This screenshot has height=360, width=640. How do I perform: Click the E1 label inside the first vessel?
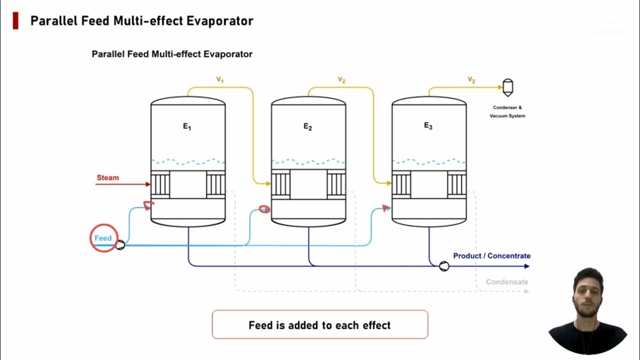(x=187, y=126)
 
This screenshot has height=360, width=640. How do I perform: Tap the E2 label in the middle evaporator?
(x=308, y=126)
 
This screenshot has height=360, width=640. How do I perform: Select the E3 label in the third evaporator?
(x=428, y=126)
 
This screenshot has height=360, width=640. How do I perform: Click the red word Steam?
(x=107, y=177)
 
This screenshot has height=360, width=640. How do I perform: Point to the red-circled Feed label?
(x=103, y=238)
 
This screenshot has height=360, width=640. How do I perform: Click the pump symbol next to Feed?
(x=120, y=244)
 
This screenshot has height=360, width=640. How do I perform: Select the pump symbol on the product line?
(x=444, y=266)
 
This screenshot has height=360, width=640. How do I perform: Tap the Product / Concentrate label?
(x=491, y=255)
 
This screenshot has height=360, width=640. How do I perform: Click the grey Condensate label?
(x=507, y=282)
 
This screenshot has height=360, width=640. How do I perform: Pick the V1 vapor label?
(x=219, y=79)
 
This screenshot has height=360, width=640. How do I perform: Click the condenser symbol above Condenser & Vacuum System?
(x=507, y=87)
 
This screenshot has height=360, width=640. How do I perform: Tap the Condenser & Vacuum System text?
(x=507, y=111)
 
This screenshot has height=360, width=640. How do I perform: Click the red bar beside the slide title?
(x=15, y=20)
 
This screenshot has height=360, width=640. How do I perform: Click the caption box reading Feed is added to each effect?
(x=320, y=325)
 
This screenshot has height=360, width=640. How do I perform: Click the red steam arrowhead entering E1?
(x=148, y=184)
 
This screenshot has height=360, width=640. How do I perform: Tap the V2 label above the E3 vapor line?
(x=471, y=79)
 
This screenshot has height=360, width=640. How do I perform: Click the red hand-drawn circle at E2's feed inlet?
(x=264, y=209)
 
